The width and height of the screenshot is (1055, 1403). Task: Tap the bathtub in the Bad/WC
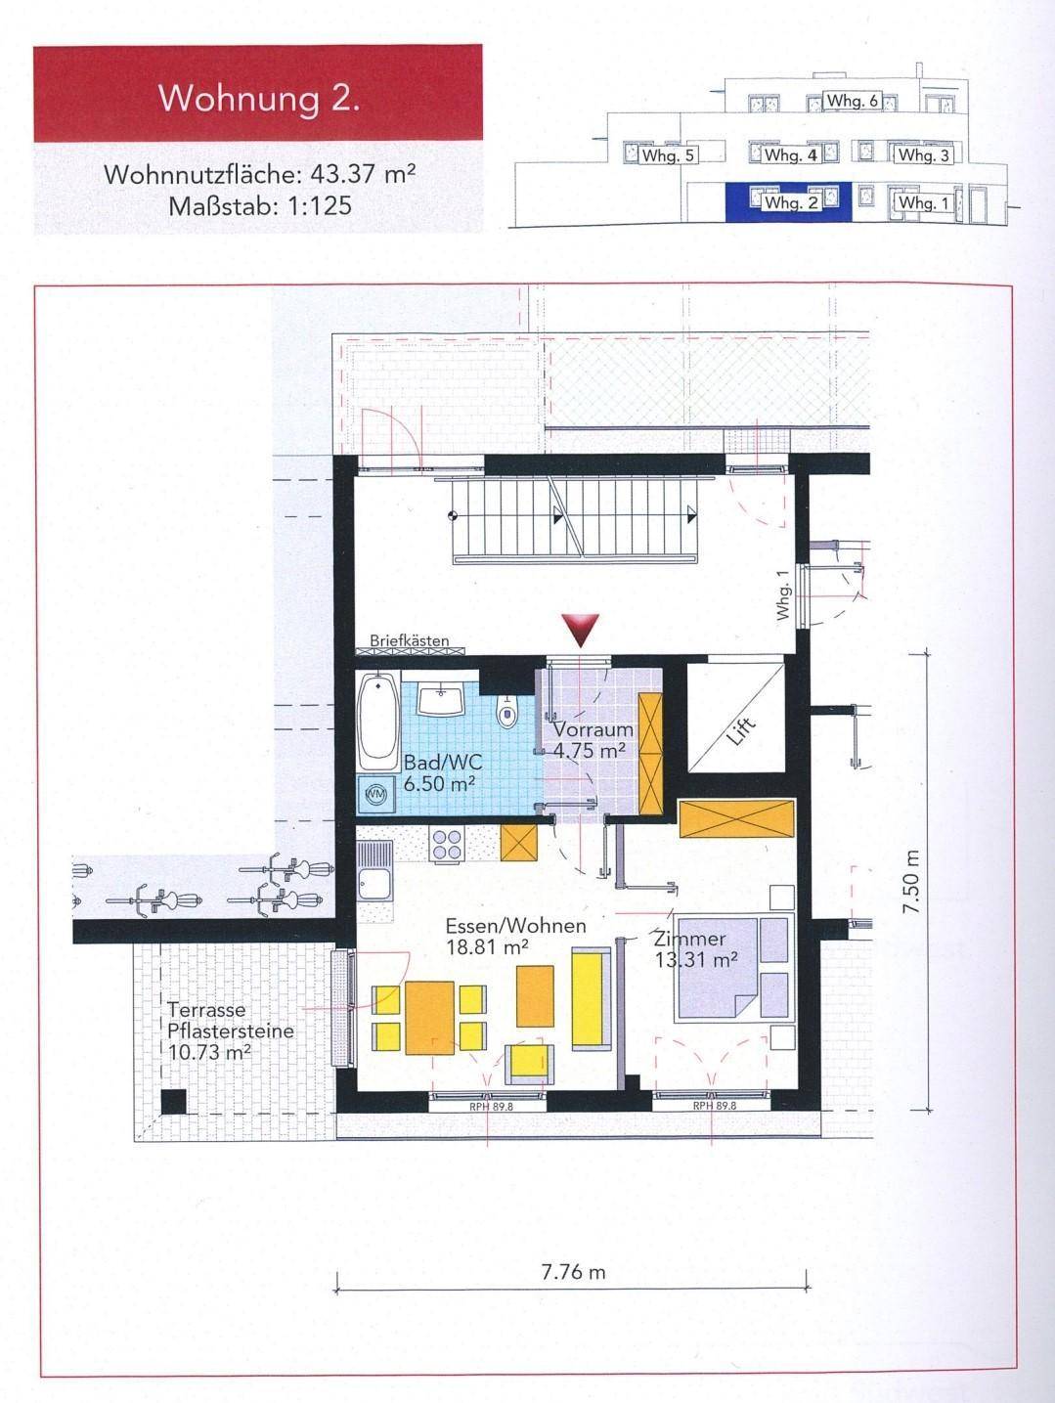[x=378, y=721]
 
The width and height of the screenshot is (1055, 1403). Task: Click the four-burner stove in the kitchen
[x=446, y=844]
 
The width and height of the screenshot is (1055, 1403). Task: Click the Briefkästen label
[x=410, y=641]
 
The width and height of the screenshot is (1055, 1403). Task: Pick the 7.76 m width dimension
[x=573, y=1272]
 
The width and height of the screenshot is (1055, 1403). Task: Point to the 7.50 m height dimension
[x=912, y=881]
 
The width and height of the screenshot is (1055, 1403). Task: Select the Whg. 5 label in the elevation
[x=669, y=155]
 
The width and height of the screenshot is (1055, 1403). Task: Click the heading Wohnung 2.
[x=258, y=99]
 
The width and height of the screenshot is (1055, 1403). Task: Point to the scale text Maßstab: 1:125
[x=259, y=206]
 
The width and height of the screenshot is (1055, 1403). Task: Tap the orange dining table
[x=430, y=1018]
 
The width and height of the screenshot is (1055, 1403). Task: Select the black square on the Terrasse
[x=173, y=1102]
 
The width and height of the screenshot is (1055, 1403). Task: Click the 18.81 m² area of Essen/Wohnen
[x=487, y=946]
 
